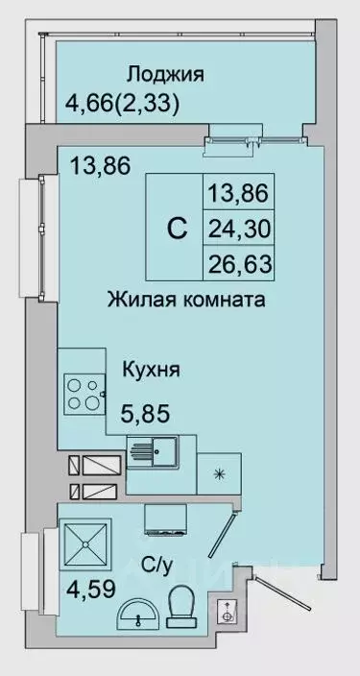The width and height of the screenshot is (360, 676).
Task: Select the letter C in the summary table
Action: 177,229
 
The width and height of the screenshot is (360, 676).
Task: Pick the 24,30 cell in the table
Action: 237,229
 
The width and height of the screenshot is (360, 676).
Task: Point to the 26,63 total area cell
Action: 237,264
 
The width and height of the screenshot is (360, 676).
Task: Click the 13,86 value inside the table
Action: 237,194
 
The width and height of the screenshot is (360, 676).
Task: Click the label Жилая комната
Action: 185,300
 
